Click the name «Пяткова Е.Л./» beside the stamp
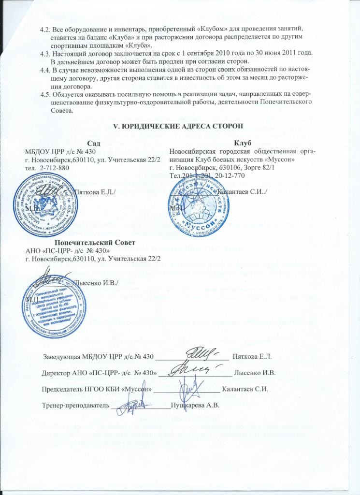point(97,192)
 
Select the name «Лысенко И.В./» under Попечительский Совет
point(99,282)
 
